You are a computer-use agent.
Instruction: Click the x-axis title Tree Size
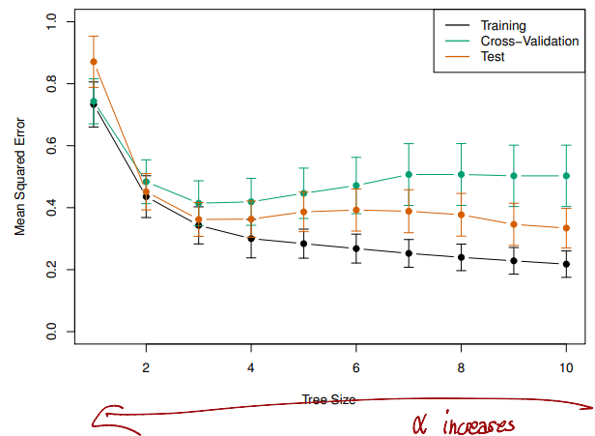click(x=328, y=399)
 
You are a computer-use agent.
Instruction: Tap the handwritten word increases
click(x=480, y=424)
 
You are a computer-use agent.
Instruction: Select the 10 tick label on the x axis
click(x=566, y=367)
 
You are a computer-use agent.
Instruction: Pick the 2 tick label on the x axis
click(x=146, y=367)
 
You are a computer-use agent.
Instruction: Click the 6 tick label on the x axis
click(x=356, y=367)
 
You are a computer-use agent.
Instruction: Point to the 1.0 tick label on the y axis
click(x=51, y=21)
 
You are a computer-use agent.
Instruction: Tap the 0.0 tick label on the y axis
click(x=51, y=332)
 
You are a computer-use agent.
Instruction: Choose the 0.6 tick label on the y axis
click(x=51, y=145)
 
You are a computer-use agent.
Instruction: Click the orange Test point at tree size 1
click(x=94, y=62)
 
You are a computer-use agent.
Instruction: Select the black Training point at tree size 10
click(x=566, y=264)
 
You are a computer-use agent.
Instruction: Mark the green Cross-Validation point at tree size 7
click(x=409, y=175)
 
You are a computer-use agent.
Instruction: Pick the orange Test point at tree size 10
click(x=566, y=228)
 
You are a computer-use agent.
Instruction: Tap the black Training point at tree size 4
click(x=251, y=239)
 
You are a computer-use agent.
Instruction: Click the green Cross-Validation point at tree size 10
click(x=566, y=176)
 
